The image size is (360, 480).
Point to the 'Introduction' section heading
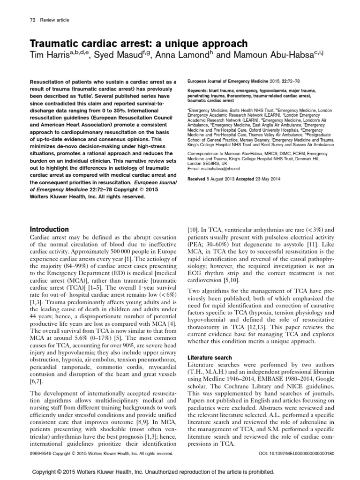(49, 229)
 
